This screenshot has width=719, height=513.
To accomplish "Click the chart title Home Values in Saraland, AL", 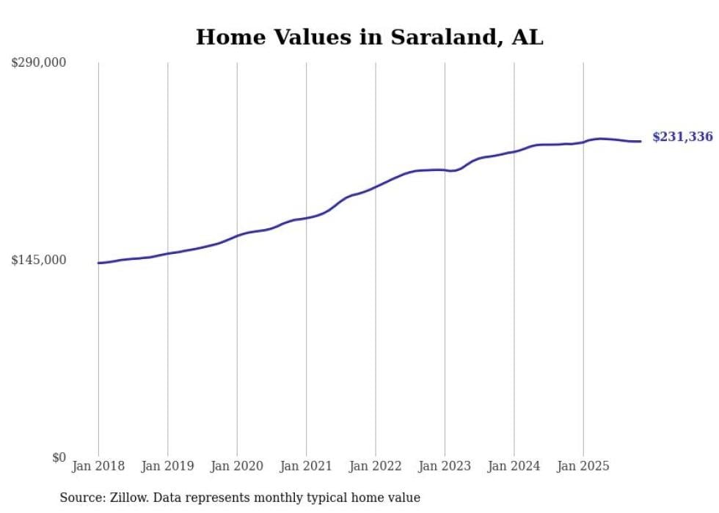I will click(x=369, y=37).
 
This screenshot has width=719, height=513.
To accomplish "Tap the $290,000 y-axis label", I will click(x=39, y=62).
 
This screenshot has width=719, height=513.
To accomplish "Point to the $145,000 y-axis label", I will click(x=39, y=260).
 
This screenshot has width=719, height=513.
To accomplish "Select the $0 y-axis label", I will click(x=59, y=457).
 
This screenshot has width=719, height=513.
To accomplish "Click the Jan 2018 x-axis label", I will click(x=98, y=466).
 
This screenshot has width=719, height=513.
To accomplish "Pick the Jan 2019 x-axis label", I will click(x=167, y=466).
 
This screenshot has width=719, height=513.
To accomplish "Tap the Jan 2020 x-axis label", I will click(x=237, y=466).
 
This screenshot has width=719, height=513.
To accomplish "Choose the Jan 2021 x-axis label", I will click(x=306, y=466).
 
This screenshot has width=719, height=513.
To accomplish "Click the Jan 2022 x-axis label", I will click(x=376, y=466).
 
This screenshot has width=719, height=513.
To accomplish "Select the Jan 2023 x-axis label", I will click(x=445, y=466).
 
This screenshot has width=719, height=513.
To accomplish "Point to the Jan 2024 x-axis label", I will click(x=514, y=466).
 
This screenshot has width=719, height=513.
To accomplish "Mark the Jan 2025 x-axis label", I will click(x=583, y=466).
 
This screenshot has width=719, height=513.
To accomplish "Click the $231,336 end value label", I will click(x=682, y=137).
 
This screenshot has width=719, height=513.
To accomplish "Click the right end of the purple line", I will click(x=640, y=141).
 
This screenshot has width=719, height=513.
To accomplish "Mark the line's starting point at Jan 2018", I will click(x=98, y=263).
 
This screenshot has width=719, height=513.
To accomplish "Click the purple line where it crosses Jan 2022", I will click(x=376, y=186).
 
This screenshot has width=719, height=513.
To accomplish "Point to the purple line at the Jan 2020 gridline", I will click(x=237, y=236).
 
